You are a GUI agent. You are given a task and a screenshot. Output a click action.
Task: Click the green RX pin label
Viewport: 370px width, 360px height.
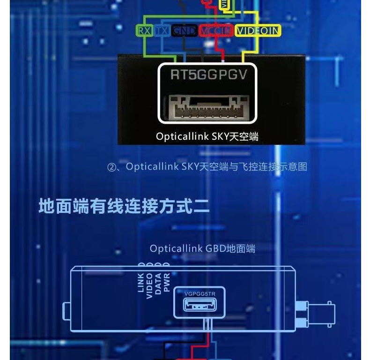[x=144, y=31]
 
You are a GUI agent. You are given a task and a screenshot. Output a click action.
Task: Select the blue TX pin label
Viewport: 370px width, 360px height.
[x=162, y=31]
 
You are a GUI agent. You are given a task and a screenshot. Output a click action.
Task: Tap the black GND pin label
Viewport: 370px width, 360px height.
[x=184, y=31]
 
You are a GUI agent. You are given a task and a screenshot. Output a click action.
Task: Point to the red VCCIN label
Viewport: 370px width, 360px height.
[x=215, y=31]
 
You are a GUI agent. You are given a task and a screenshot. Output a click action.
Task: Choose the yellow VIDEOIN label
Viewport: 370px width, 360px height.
[x=258, y=31]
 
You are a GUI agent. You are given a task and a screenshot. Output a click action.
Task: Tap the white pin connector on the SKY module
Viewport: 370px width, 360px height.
[x=207, y=108]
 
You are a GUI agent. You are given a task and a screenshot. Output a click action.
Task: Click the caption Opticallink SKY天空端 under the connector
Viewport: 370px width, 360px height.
[x=207, y=137]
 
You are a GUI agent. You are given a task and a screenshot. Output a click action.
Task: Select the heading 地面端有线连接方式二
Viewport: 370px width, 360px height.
[x=124, y=206]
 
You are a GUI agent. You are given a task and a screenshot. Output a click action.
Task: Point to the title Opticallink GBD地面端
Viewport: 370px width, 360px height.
[x=202, y=248]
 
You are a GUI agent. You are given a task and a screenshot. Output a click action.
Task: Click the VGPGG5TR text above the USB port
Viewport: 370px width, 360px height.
[x=200, y=294]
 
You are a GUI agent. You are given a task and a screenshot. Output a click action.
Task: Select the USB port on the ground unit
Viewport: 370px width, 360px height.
[x=200, y=306]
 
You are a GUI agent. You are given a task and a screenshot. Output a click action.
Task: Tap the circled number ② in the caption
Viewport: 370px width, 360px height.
[x=111, y=167]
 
